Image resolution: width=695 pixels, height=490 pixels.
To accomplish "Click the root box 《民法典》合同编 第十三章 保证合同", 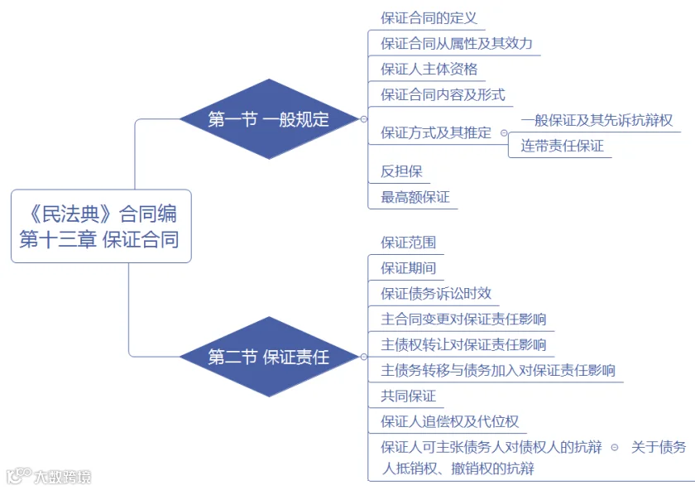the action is (101, 226).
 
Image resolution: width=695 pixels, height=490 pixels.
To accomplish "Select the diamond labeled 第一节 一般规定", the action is (269, 119).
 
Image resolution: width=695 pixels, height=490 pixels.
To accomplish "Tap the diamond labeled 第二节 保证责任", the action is (269, 357).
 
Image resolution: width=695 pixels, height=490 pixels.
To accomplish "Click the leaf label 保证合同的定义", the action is (429, 18).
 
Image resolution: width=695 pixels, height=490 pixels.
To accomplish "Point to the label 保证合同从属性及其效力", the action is (456, 44).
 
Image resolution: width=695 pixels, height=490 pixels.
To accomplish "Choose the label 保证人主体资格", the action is (429, 70).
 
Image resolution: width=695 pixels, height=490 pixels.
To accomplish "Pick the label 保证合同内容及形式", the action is (443, 94).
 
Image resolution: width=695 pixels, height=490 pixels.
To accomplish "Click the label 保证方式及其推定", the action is (436, 132).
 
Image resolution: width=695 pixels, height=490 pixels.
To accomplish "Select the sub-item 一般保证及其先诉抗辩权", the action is (597, 120).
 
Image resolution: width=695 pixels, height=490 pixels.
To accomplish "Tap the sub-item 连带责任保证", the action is (562, 146).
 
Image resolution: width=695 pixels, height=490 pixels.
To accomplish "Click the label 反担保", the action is (401, 171).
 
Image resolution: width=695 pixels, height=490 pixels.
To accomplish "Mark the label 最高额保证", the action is (415, 197).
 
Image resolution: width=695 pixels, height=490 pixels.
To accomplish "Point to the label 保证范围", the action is (408, 243).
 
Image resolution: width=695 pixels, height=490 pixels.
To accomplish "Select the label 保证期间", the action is (408, 268).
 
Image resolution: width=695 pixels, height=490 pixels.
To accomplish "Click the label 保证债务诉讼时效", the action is (436, 293).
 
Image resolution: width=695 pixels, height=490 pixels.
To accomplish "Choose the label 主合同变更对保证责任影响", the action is (463, 319).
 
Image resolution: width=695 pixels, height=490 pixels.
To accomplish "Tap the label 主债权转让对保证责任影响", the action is (463, 344).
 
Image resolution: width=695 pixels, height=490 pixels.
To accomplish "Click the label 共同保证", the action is (408, 396).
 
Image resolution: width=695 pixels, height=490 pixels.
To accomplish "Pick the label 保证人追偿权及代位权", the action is (449, 421).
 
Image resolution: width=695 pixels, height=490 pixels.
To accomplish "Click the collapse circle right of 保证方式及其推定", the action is (504, 132).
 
